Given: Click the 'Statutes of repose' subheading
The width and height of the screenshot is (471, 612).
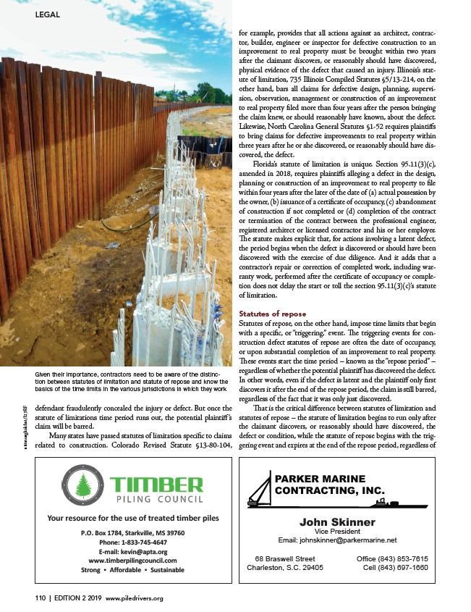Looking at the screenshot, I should pyautogui.click(x=272, y=313).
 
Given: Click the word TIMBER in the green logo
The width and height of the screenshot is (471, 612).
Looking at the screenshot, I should pyautogui.click(x=156, y=482).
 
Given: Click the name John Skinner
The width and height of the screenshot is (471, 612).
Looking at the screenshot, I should pyautogui.click(x=338, y=521).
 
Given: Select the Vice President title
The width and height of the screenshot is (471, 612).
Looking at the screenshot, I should pyautogui.click(x=338, y=532).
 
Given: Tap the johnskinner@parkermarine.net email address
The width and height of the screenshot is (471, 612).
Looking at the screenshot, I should pyautogui.click(x=338, y=540).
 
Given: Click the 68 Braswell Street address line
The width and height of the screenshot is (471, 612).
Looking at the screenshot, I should pyautogui.click(x=285, y=558).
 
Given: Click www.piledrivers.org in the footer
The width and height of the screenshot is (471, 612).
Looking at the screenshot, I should pyautogui.click(x=135, y=598).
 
